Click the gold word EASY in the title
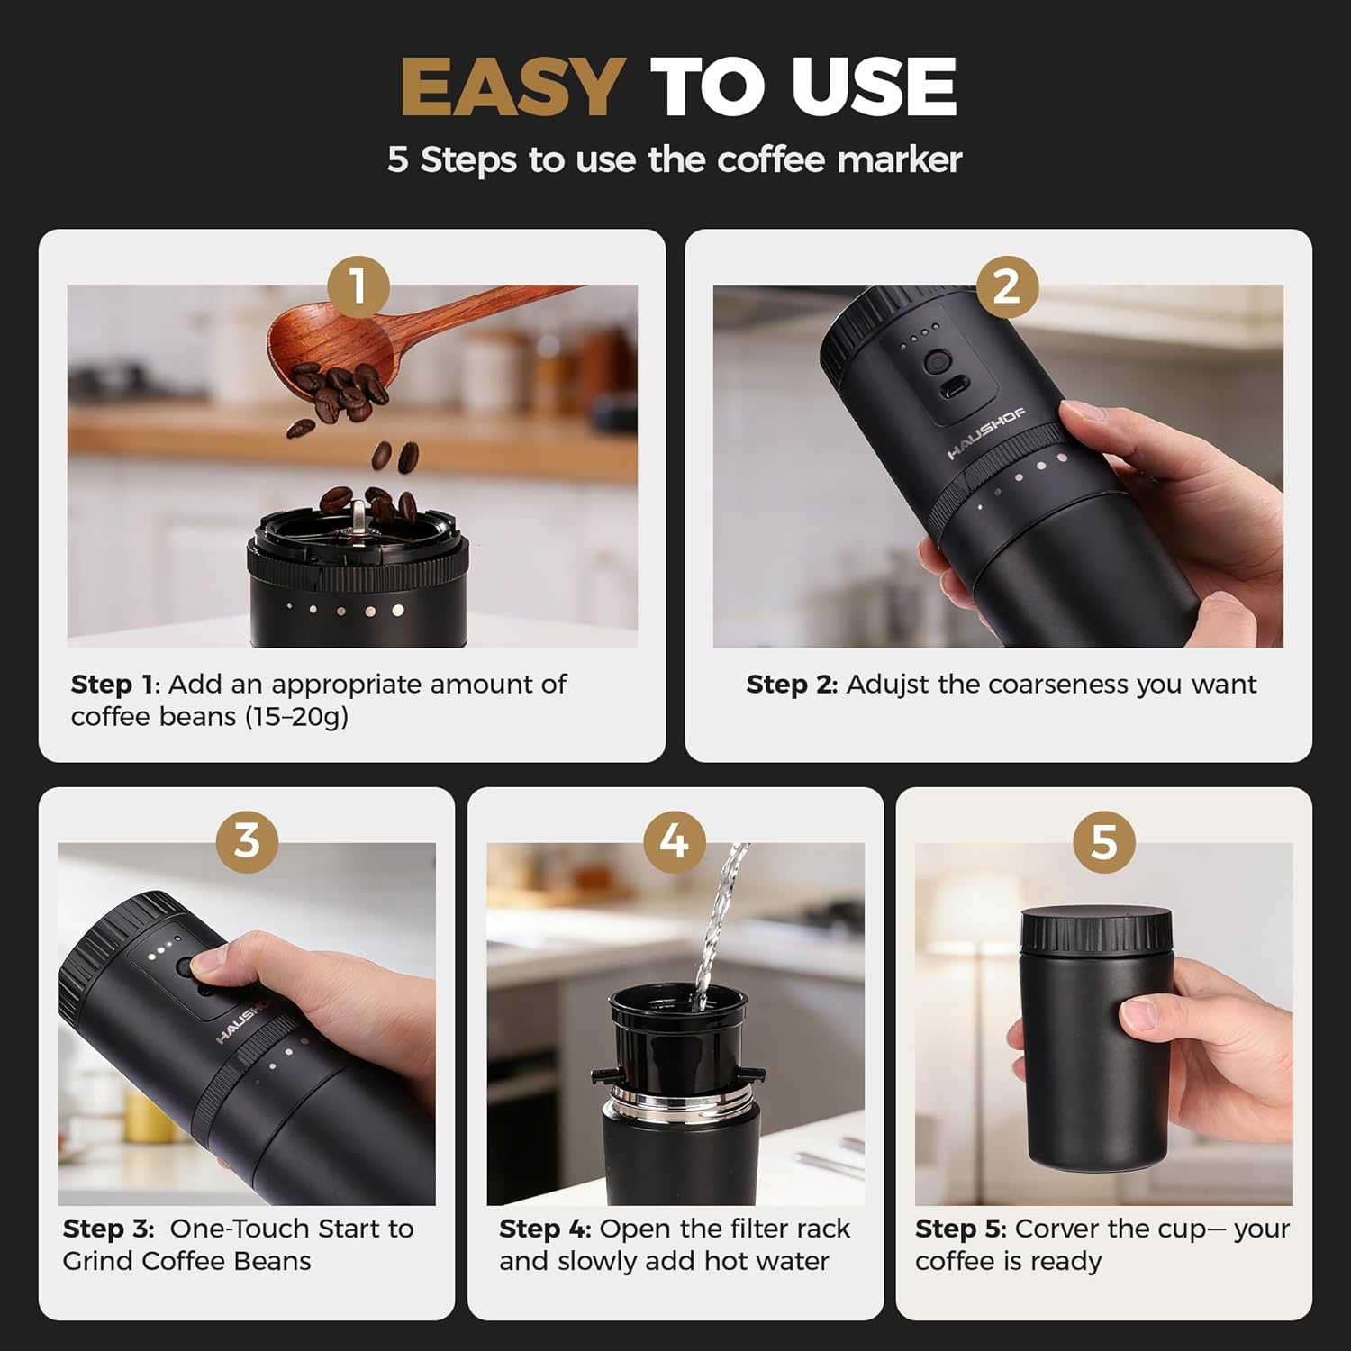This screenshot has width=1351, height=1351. coord(512,87)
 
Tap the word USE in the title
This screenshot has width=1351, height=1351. coord(873,87)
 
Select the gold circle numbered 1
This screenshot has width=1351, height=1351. coord(358,286)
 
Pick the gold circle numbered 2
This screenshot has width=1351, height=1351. coord(1006,286)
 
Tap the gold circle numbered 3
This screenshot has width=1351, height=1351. coord(247,841)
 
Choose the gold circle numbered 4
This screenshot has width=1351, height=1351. coord(675,841)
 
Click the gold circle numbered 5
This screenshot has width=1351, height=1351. coord(1103,841)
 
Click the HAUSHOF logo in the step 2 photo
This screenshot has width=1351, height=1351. coord(985,434)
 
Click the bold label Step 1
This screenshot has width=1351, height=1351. coord(113,685)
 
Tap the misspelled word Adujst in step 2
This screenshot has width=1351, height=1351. coord(887,685)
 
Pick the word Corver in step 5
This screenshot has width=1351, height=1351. coord(1057,1229)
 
